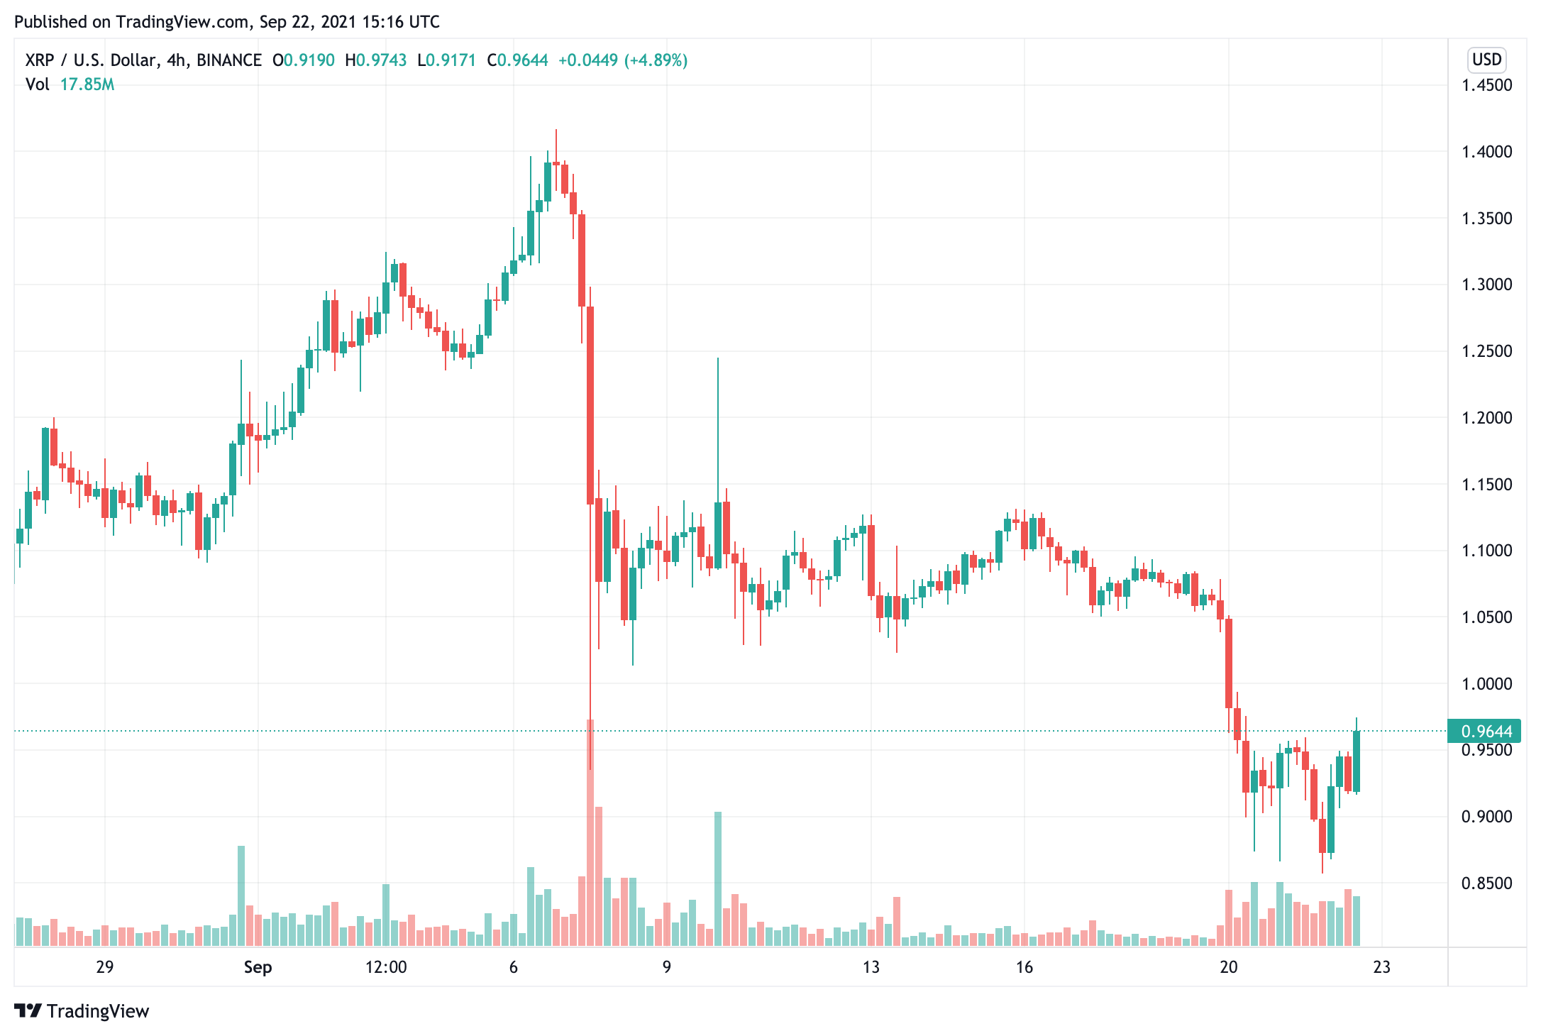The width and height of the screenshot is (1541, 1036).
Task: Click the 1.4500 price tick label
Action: pyautogui.click(x=1486, y=85)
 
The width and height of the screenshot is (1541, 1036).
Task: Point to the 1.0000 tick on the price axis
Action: pyautogui.click(x=1486, y=684)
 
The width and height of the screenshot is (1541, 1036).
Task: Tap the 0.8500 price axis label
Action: pyautogui.click(x=1486, y=883)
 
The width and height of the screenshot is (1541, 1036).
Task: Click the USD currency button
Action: pyautogui.click(x=1486, y=60)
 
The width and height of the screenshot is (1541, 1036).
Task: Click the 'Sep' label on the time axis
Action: pyautogui.click(x=258, y=967)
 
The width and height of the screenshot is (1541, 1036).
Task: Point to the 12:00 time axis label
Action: pyautogui.click(x=386, y=967)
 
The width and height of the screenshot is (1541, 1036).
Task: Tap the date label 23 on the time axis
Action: pyautogui.click(x=1381, y=967)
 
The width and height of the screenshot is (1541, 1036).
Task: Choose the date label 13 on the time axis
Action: pyautogui.click(x=871, y=967)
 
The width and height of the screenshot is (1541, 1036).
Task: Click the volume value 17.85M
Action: pyautogui.click(x=87, y=84)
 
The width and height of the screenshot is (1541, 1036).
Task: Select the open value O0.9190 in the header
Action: pyautogui.click(x=304, y=60)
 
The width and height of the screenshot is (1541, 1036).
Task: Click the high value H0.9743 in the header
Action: pyautogui.click(x=376, y=60)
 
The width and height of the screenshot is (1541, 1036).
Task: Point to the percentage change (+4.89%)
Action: pyautogui.click(x=656, y=60)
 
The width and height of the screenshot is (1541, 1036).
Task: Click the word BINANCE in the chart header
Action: pyautogui.click(x=229, y=60)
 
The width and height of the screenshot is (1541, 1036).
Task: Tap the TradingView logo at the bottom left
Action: pyautogui.click(x=82, y=1011)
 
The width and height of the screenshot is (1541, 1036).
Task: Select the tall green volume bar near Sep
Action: pyautogui.click(x=241, y=896)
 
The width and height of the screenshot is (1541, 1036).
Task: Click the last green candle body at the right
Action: pyautogui.click(x=1357, y=761)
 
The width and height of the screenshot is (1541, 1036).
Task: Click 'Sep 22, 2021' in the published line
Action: pyautogui.click(x=307, y=22)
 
